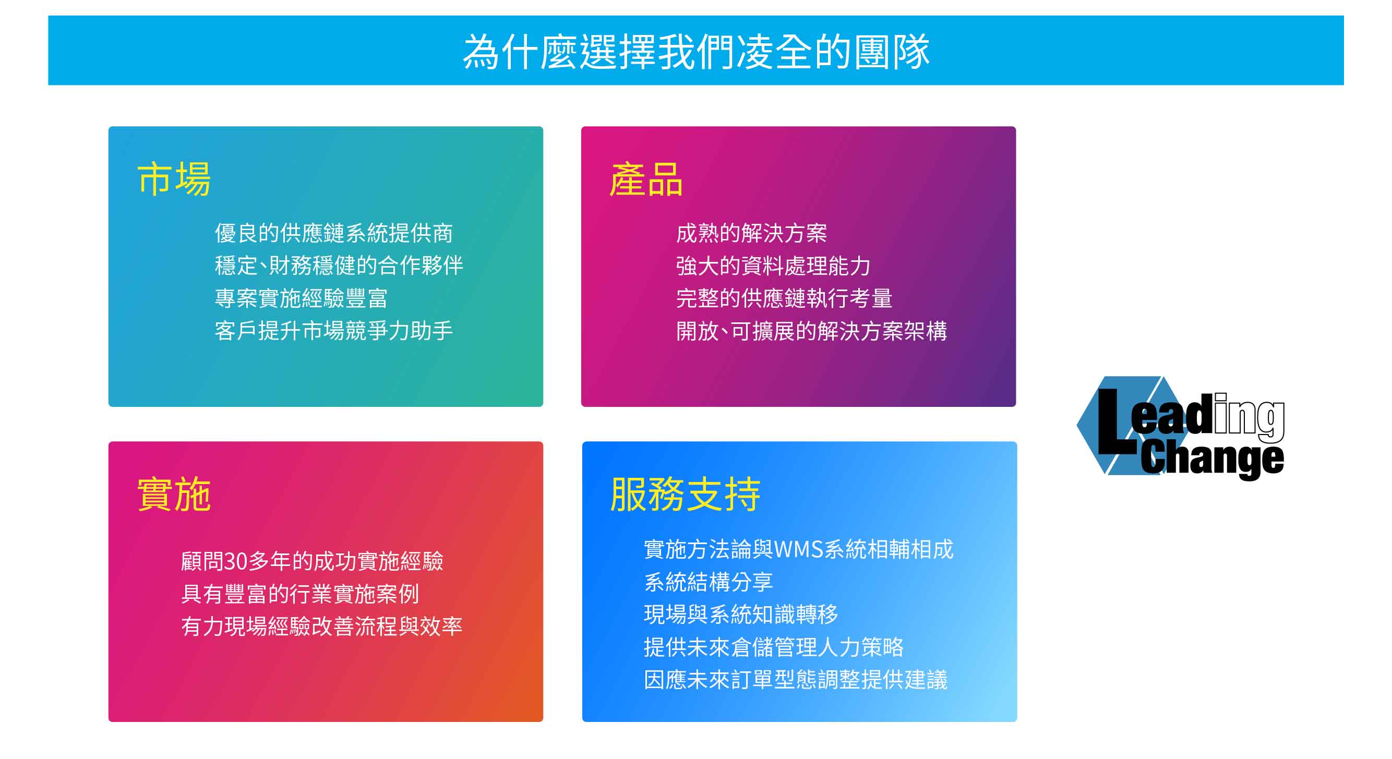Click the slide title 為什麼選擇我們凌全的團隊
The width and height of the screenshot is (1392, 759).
(696, 52)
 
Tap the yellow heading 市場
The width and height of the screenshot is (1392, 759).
(174, 179)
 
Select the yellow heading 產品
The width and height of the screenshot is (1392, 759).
(646, 179)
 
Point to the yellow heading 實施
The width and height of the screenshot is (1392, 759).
(174, 494)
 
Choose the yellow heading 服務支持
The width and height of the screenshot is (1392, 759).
(685, 494)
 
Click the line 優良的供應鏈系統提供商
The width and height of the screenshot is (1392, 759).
(334, 233)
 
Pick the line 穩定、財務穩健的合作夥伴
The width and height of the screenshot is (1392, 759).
(339, 266)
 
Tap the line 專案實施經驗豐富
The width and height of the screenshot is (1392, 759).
(302, 298)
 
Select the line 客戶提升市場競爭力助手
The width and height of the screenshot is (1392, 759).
(334, 331)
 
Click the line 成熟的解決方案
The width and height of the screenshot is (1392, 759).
(752, 233)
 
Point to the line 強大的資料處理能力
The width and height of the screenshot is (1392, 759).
(773, 266)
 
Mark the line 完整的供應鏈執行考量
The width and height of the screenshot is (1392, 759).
(784, 298)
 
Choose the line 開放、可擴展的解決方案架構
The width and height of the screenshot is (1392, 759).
(812, 331)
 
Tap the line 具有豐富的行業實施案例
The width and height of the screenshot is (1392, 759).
(301, 594)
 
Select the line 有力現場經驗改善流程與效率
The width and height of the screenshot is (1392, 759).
(322, 626)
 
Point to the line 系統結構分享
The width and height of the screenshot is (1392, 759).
(709, 582)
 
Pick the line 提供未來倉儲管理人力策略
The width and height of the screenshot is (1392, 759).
(774, 647)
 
